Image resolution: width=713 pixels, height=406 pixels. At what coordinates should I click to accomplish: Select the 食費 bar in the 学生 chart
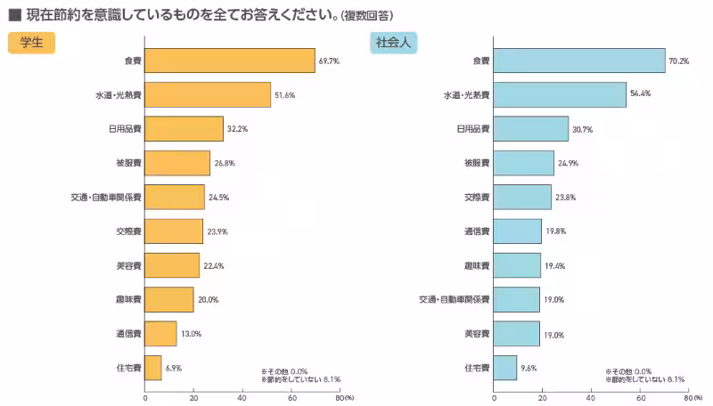point(230,61)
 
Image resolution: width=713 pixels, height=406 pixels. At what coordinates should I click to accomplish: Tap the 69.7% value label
point(328,61)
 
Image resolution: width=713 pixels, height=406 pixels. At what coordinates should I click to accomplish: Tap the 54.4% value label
point(641,94)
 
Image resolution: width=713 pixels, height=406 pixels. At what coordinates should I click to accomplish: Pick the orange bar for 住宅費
point(153,367)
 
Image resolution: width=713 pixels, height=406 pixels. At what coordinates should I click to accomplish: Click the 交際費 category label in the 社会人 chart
point(477,197)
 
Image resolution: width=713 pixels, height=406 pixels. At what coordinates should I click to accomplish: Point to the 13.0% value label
point(191,334)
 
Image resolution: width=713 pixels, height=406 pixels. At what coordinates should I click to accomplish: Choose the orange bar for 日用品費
point(184,129)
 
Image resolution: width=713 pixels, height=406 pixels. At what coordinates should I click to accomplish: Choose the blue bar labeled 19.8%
point(517,231)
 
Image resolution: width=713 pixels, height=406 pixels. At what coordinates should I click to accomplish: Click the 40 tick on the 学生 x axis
point(242,398)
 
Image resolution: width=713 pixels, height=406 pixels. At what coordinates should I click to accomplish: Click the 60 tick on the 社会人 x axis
point(639,398)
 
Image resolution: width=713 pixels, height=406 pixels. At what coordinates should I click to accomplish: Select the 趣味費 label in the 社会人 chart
point(477,265)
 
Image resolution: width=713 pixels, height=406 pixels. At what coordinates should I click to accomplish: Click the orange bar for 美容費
point(172,265)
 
